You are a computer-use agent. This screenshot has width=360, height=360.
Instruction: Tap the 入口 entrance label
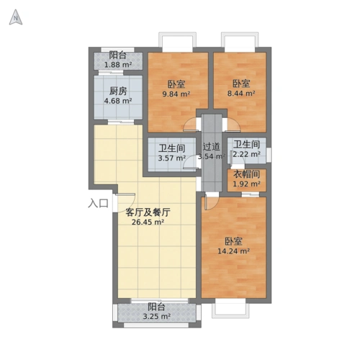(98, 204)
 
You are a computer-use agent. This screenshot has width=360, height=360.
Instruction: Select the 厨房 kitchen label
(119, 91)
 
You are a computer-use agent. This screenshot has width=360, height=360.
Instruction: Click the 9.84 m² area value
(176, 94)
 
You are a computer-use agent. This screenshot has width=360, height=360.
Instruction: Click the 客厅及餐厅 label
(147, 212)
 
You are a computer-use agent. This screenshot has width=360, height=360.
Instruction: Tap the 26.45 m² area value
(148, 222)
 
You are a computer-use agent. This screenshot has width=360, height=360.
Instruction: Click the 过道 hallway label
(211, 146)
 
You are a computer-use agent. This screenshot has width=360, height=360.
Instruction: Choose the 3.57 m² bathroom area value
(171, 158)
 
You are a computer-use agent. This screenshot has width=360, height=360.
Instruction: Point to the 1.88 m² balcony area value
(118, 65)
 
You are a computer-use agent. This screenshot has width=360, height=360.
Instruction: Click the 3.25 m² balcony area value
(156, 316)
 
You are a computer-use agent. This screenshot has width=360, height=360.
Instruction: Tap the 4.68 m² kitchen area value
(117, 101)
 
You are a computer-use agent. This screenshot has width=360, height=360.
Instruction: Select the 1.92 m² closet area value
(246, 184)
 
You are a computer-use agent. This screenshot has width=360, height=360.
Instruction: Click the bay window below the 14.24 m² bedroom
(234, 309)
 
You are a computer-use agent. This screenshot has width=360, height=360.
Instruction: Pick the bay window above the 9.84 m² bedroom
(177, 41)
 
